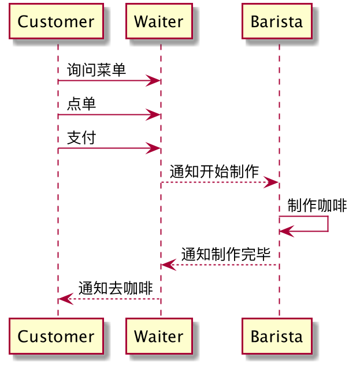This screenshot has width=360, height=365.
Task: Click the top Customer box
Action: (57, 21)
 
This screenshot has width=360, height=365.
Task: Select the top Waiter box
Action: (159, 21)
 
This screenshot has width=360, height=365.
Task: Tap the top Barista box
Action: (277, 21)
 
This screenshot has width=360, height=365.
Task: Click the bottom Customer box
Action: (57, 336)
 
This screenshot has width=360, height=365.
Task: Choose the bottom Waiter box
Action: (159, 336)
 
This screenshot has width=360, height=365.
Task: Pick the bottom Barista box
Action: (277, 336)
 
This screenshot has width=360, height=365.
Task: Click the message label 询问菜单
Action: (97, 70)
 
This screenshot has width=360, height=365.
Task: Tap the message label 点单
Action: (81, 103)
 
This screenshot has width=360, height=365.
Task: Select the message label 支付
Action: (81, 137)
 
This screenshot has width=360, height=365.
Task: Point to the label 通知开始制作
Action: (214, 172)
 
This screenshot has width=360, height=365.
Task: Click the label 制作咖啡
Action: (317, 206)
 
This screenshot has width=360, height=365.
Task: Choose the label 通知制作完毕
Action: (226, 254)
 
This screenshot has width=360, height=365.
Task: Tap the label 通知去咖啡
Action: (116, 288)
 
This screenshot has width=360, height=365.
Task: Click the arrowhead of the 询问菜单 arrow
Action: (153, 81)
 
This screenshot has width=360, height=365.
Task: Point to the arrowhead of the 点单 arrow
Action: (153, 114)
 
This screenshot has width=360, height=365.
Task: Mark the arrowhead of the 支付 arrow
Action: (153, 148)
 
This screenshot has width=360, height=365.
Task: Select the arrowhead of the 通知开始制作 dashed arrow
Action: (271, 182)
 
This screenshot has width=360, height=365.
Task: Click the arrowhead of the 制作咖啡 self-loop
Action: (287, 232)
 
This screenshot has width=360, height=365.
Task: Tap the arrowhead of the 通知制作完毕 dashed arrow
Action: (169, 265)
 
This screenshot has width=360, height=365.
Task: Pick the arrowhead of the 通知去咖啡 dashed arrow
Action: (66, 299)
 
